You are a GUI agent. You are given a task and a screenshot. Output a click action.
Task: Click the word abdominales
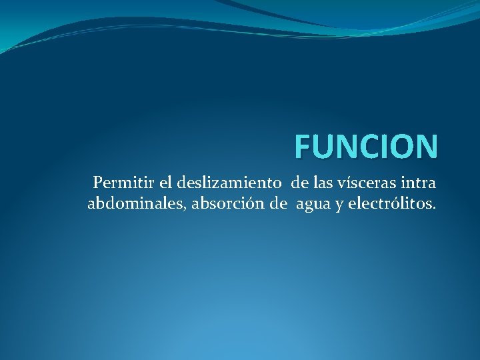point(137,203)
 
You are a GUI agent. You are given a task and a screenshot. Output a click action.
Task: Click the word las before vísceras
point(328,182)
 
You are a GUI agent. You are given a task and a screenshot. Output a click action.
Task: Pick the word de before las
point(299,182)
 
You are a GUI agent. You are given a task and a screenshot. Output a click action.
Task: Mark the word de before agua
point(279,203)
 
